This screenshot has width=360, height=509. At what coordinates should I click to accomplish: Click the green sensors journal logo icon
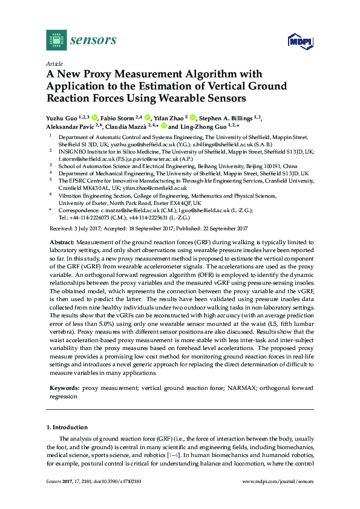55,41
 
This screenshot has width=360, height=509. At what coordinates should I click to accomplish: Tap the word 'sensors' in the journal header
93,41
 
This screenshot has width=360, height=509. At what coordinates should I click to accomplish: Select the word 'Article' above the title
54,63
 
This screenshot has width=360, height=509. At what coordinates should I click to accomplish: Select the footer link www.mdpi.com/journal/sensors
278,498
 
